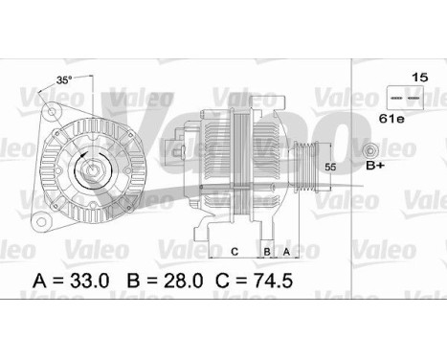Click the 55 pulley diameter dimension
coord(331,167)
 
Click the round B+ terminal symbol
coord(370,151)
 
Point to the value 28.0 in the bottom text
coord(182,281)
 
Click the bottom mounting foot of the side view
coord(206,228)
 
